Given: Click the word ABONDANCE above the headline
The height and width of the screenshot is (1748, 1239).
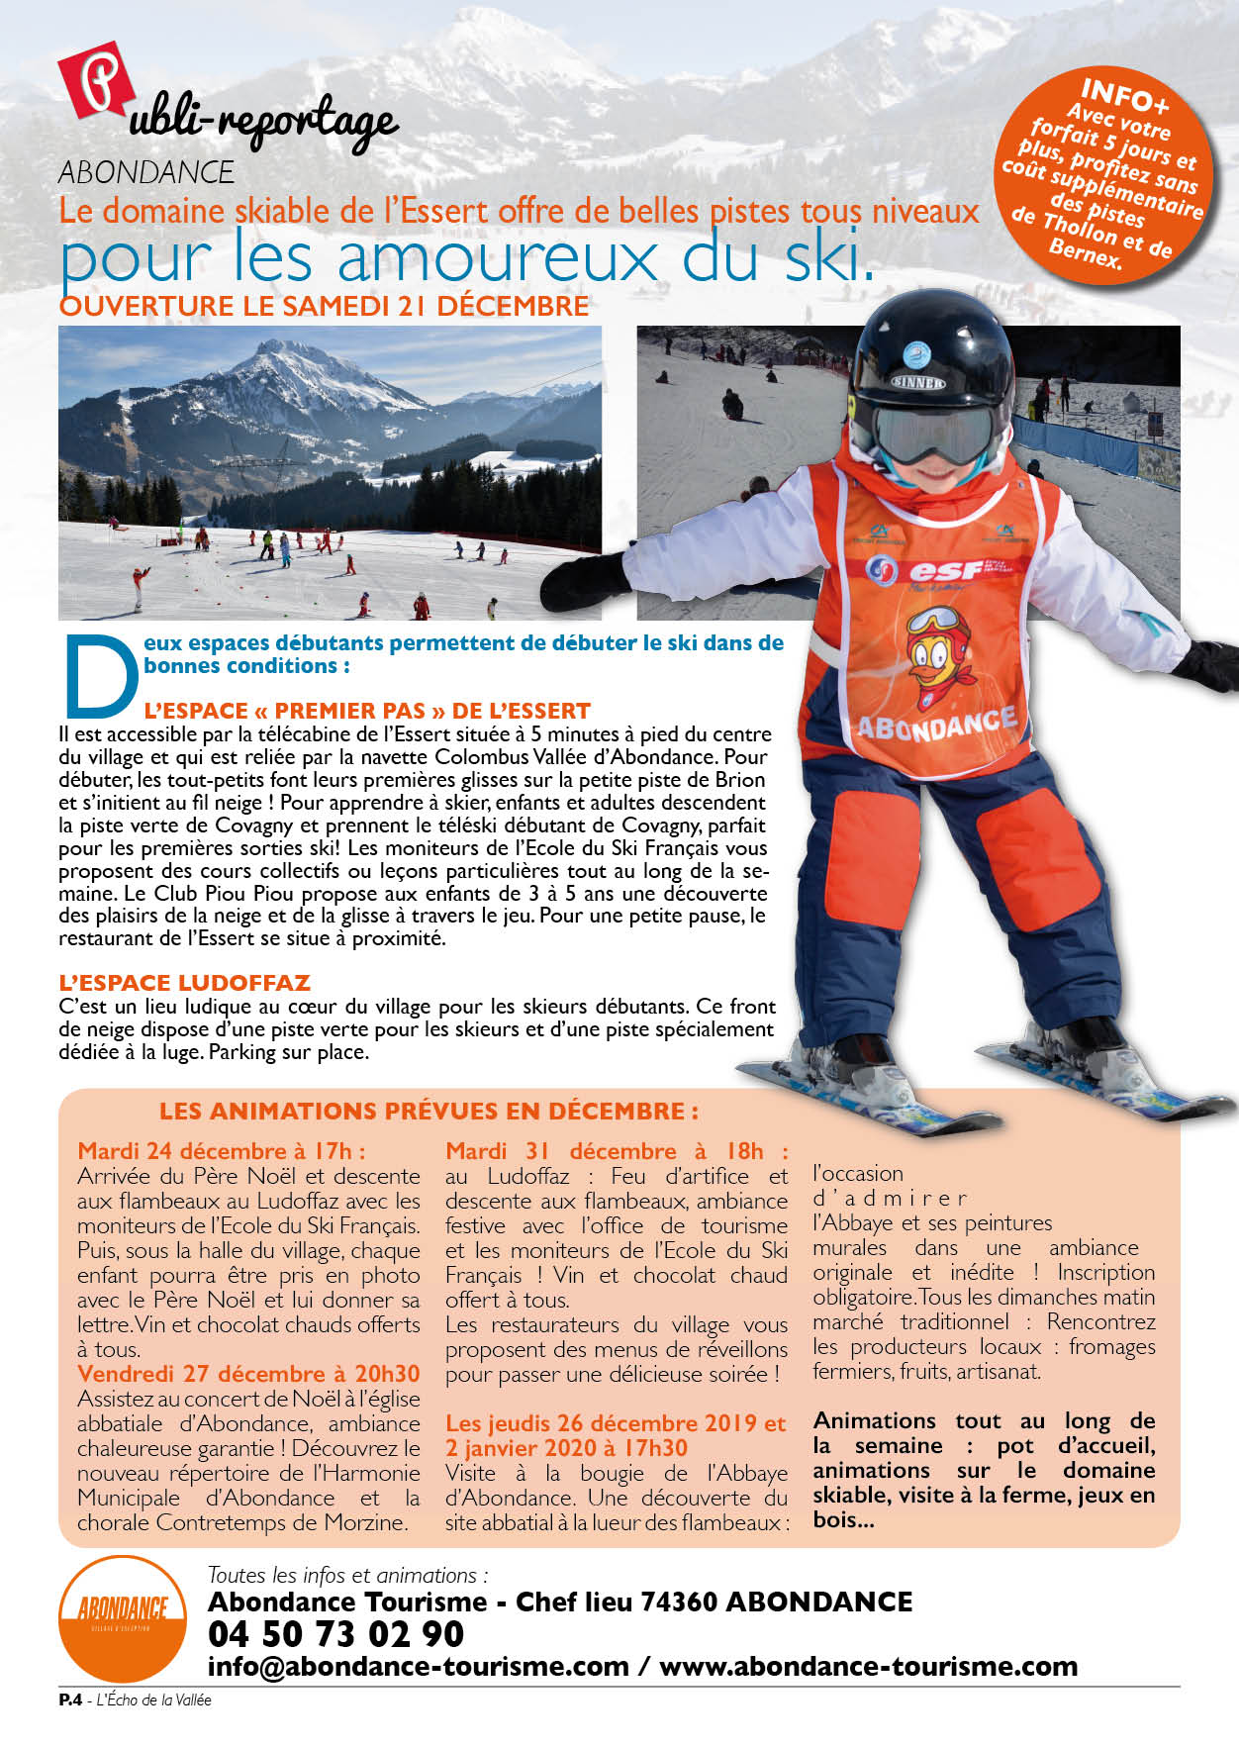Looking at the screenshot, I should click(146, 172).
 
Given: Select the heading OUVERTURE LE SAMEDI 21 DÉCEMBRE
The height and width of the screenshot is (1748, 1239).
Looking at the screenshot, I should click(324, 306).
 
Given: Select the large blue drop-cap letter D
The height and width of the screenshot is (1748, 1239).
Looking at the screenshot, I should click(99, 676).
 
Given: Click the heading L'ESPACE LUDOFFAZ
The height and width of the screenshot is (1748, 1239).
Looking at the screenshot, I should click(184, 983).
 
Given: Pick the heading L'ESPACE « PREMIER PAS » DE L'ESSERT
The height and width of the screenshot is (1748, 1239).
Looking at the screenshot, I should click(367, 711).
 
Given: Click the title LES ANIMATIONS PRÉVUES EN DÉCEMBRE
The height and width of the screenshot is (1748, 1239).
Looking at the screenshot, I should click(429, 1111).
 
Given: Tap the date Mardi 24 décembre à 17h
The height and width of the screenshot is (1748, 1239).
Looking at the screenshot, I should click(222, 1151).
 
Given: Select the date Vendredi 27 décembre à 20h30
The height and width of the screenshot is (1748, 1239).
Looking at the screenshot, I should click(248, 1374).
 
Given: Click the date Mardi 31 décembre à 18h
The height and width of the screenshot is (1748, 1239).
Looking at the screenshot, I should click(617, 1151).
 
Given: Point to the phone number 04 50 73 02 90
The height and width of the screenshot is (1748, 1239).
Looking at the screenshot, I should click(335, 1633).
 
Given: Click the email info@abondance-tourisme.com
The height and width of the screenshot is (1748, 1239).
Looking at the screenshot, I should click(418, 1666).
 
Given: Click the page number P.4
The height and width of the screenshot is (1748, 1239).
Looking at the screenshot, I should click(69, 1700).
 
